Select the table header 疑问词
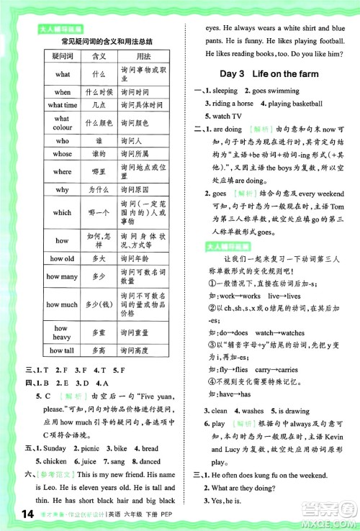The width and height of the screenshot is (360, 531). (x=63, y=56)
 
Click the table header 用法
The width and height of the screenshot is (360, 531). (x=143, y=56)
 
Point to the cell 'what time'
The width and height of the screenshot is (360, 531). (x=63, y=105)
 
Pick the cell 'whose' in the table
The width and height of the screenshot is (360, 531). (x=63, y=153)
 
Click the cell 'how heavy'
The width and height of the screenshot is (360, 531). (x=63, y=332)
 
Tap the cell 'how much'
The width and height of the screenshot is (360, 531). (x=63, y=304)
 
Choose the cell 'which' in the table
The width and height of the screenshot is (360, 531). (x=63, y=212)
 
